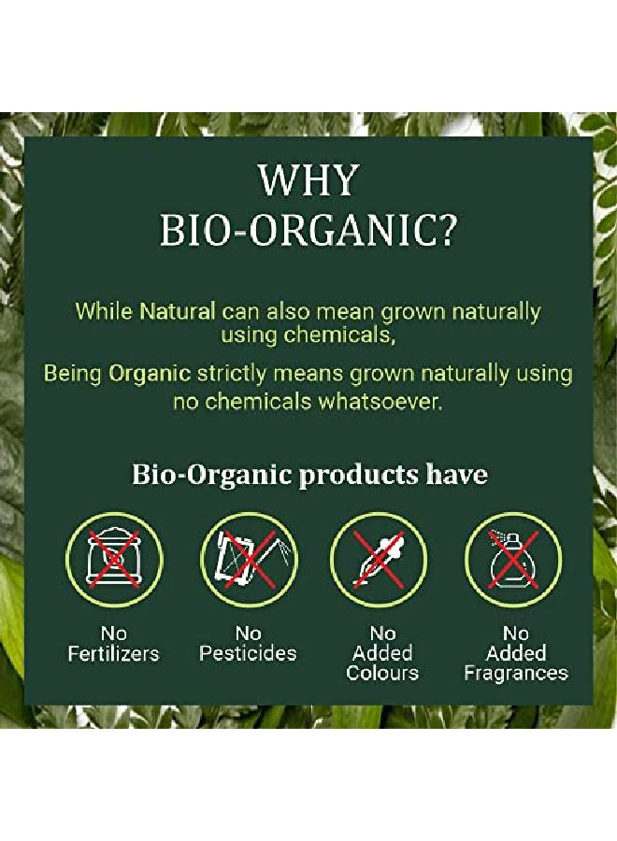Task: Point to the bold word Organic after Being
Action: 150,375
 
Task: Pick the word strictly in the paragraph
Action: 232,375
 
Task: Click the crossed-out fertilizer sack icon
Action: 113,560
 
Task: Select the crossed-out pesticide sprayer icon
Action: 248,560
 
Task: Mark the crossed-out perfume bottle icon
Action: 512,560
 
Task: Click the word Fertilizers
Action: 114,654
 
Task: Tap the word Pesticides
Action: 248,654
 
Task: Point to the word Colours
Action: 382,674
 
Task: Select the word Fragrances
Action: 516,674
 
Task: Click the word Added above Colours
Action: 382,654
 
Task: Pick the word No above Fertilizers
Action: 114,634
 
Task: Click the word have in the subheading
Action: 457,474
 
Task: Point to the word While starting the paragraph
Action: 104,311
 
